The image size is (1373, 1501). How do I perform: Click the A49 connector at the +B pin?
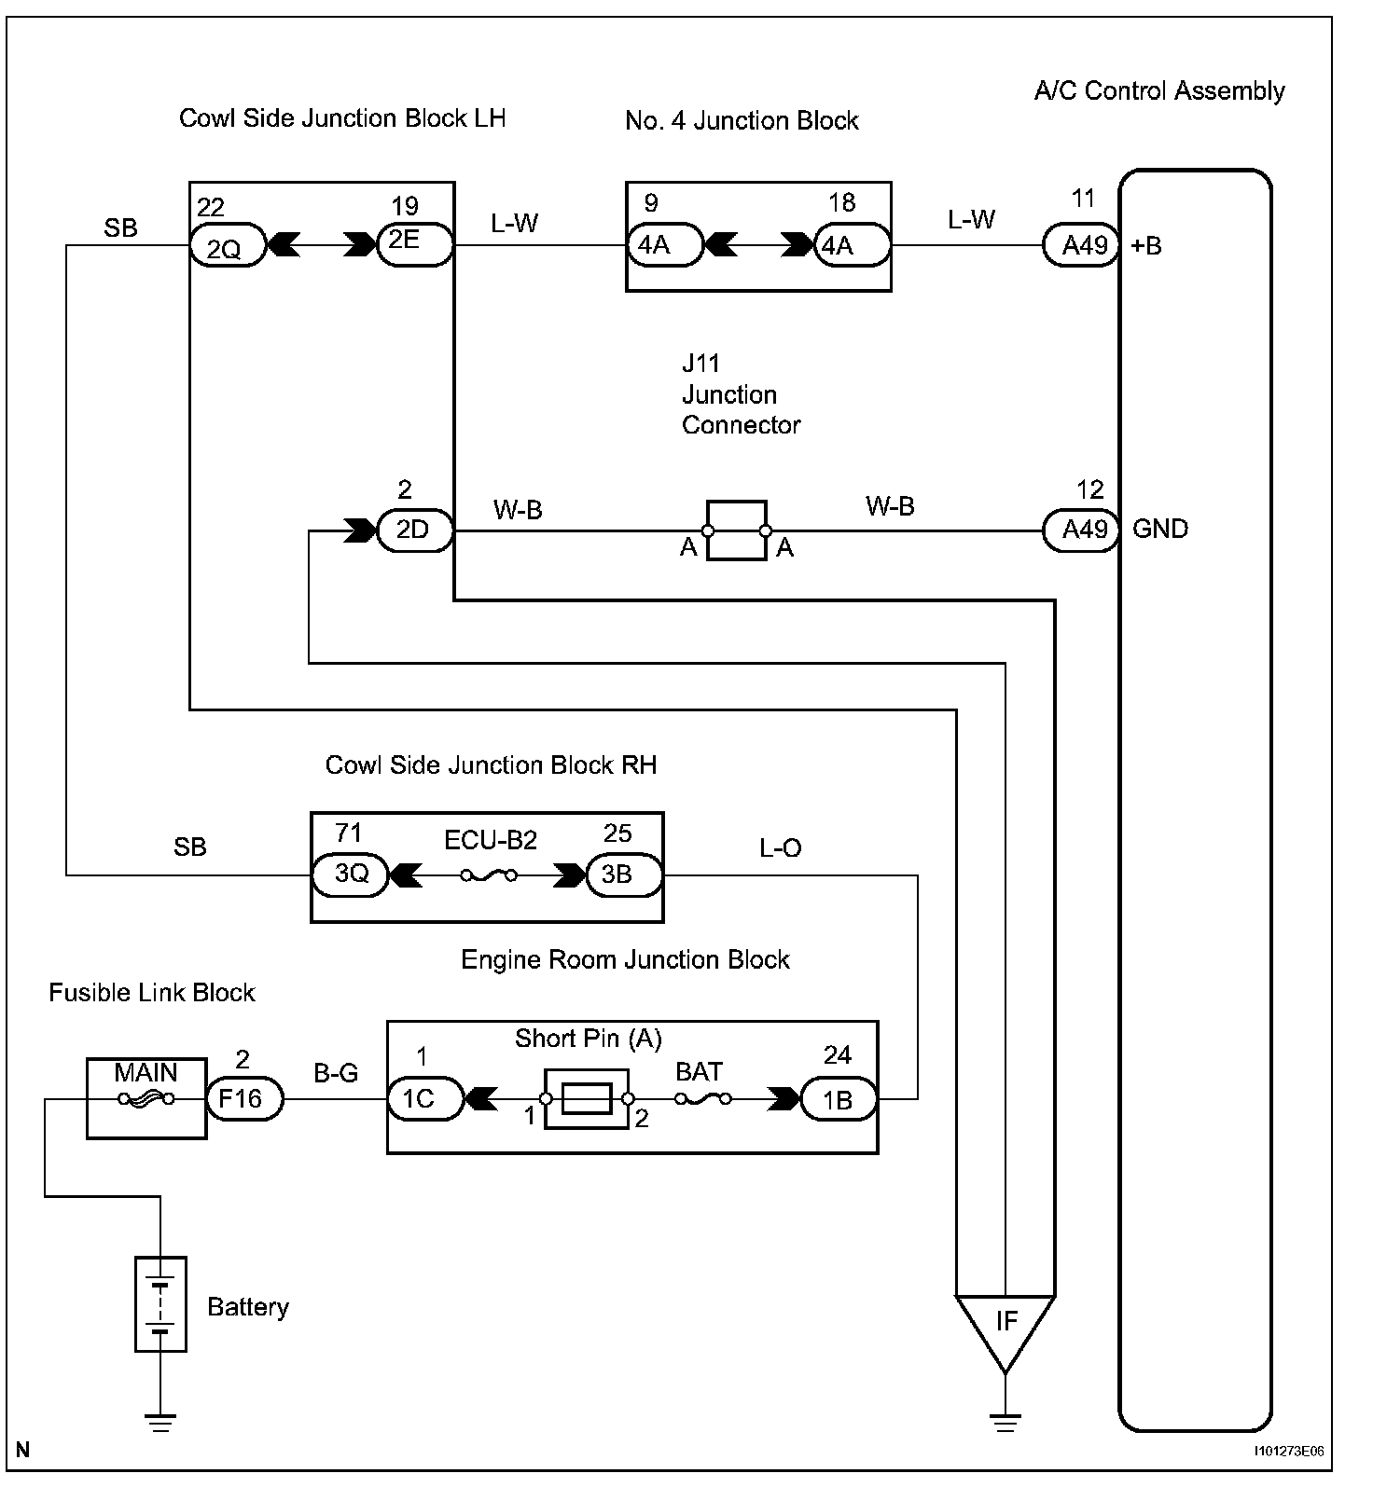click(x=1080, y=246)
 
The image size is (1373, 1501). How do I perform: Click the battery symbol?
click(x=160, y=1303)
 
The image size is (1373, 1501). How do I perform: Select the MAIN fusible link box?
click(x=146, y=1097)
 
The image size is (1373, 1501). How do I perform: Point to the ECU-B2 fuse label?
click(x=491, y=840)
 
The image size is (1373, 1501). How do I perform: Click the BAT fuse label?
click(x=700, y=1072)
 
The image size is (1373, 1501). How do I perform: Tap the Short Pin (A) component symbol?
click(x=587, y=1099)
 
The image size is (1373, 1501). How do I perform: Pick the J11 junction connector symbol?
click(x=737, y=531)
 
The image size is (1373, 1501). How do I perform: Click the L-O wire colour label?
click(x=781, y=847)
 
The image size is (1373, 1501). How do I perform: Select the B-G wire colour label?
click(x=336, y=1073)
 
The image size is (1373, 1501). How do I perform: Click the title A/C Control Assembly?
click(x=1159, y=90)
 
